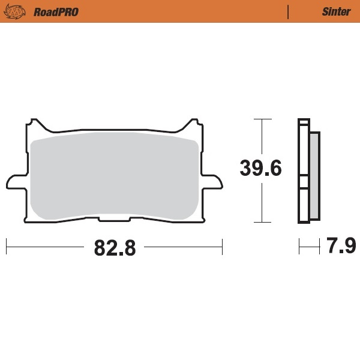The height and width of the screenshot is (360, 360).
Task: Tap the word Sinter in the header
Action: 335,11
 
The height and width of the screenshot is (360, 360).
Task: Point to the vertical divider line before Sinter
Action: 289,11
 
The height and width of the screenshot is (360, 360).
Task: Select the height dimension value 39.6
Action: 260,169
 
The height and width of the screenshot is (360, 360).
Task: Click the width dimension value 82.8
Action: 115,247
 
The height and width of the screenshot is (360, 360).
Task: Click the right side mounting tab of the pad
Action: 214,181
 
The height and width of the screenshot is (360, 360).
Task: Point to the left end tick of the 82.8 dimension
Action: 6,246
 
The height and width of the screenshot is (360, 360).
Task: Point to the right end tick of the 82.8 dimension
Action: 222,246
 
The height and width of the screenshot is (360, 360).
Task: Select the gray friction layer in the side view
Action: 314,174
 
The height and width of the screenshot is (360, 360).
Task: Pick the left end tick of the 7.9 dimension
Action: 299,246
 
